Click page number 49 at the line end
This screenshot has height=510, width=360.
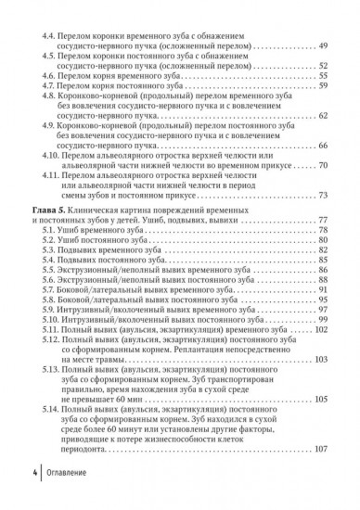(323, 45)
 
